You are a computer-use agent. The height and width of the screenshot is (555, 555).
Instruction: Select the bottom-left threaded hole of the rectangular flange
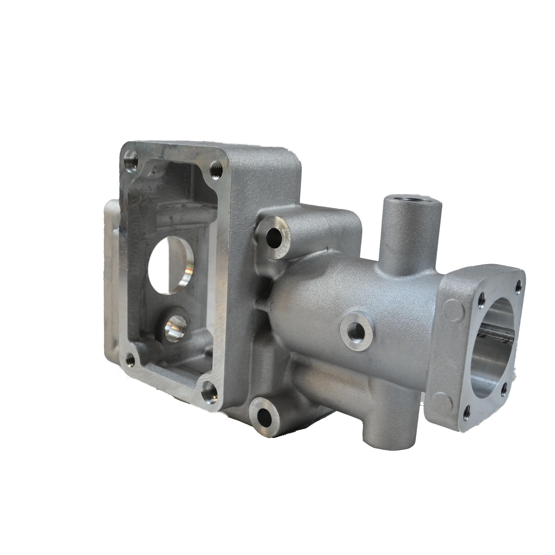pos(131,358)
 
